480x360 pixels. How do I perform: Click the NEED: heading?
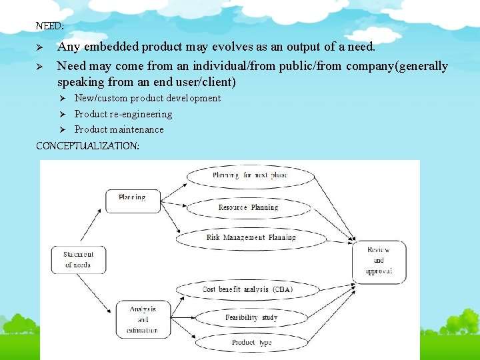pos(49,27)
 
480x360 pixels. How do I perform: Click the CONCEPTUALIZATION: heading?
pos(87,145)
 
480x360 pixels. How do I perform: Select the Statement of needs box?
pos(79,259)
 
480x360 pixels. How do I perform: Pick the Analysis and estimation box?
pos(143,319)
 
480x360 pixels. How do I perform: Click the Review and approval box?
pos(379,261)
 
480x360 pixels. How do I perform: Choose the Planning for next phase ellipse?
pos(249,176)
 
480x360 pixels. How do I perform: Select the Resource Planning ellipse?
pos(248,207)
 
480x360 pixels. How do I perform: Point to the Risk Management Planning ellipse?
pos(251,237)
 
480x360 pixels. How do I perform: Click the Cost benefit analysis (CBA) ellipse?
pos(247,289)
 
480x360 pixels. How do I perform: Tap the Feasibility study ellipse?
pos(251,318)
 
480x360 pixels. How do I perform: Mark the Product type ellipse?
pos(251,343)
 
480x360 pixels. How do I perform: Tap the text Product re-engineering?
pos(123,114)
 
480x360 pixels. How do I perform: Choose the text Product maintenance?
pos(119,129)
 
